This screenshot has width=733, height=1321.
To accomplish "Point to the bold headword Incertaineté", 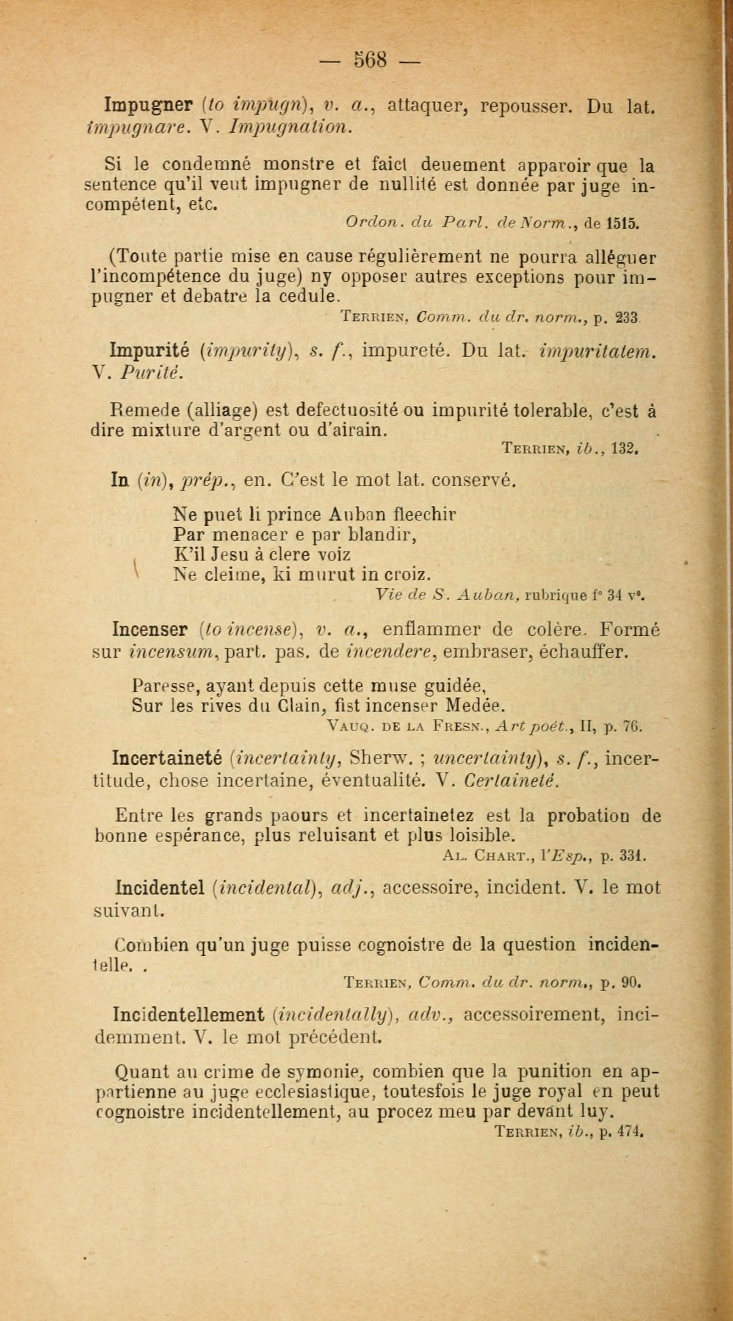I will click(167, 757).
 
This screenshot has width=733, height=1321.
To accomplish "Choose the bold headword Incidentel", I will click(160, 888).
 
